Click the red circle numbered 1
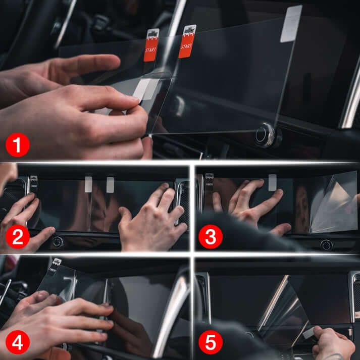coord(18,145)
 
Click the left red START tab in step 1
coord(151,45)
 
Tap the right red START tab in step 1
coord(187,41)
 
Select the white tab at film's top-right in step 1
coord(292,23)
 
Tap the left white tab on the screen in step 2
coord(88,184)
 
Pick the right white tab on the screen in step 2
coord(110,184)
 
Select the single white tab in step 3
coord(272,182)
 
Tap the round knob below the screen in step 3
coord(326,245)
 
